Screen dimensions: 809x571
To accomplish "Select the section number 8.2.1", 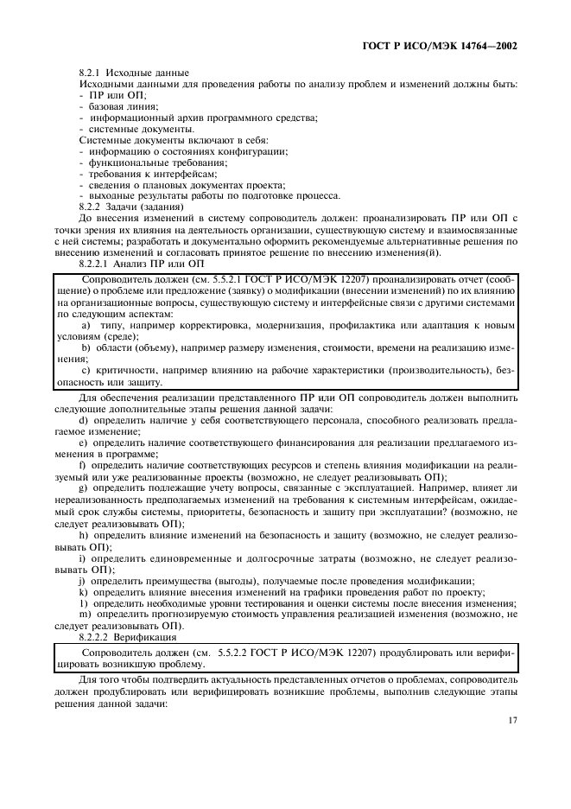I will (91, 73).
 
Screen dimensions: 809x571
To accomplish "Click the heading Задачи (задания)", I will (148, 207).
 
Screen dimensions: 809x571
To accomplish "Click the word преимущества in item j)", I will (164, 579).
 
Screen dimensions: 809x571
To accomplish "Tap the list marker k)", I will (83, 591).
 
